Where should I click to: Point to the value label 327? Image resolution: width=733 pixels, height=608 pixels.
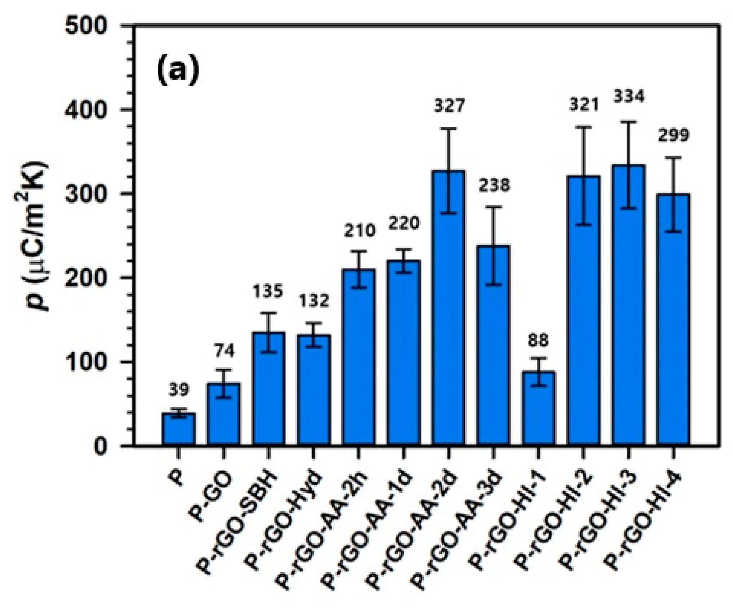pyautogui.click(x=449, y=106)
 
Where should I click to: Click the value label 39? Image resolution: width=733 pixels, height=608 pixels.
pyautogui.click(x=178, y=390)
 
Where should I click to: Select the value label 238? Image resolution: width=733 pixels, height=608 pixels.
pyautogui.click(x=494, y=185)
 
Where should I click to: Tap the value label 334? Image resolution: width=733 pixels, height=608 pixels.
pyautogui.click(x=629, y=97)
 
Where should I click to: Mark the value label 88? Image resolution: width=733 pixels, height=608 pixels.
pyautogui.click(x=538, y=340)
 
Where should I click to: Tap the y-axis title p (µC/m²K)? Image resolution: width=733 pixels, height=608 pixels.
pyautogui.click(x=38, y=237)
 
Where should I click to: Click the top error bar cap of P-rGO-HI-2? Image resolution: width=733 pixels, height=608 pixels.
pyautogui.click(x=583, y=127)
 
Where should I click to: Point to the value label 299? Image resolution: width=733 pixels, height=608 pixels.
pyautogui.click(x=674, y=136)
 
